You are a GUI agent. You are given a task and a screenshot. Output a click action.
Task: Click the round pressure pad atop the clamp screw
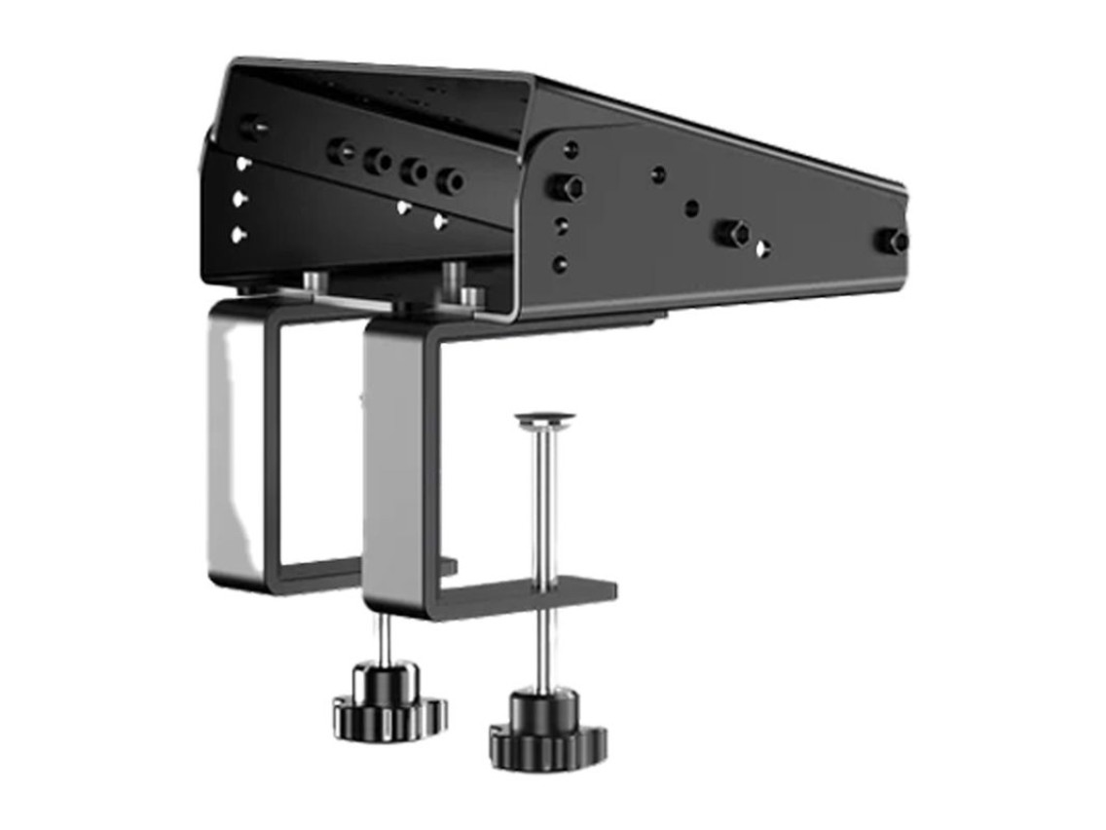(544, 420)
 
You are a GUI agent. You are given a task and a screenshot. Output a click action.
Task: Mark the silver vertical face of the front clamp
(382, 468)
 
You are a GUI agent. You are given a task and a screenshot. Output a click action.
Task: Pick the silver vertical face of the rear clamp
(228, 438)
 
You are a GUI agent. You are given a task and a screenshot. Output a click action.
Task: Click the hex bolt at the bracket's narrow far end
(892, 241)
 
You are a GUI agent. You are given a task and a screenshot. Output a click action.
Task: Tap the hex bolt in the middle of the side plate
(732, 233)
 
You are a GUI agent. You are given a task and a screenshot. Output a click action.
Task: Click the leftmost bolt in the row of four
(341, 151)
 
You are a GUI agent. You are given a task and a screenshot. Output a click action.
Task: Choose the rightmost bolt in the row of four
(449, 180)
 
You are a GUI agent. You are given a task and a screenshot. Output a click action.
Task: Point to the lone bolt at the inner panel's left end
(251, 127)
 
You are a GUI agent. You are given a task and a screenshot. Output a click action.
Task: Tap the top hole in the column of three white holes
(242, 164)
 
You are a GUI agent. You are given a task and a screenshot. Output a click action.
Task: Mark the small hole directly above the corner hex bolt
(571, 149)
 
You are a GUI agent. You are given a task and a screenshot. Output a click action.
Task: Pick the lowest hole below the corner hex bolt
(560, 264)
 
